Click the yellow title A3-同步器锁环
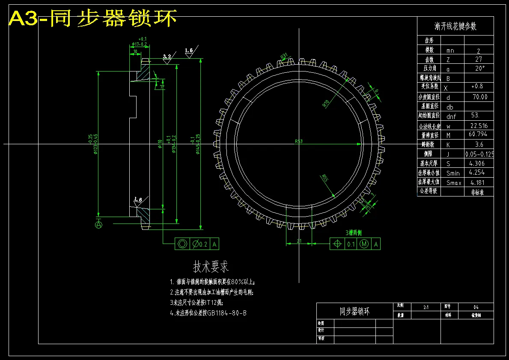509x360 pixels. click(92, 18)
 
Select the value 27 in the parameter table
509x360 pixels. click(478, 60)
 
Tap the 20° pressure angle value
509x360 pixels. click(479, 68)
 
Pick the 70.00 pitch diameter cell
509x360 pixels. click(478, 97)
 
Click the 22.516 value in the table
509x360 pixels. click(478, 126)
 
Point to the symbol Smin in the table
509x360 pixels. click(452, 173)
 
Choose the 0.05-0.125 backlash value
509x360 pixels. click(479, 154)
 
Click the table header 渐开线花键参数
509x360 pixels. click(455, 27)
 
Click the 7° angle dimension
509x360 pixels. click(161, 87)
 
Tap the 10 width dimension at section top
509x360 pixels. click(135, 52)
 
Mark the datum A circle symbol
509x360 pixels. click(98, 224)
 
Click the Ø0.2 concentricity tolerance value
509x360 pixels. click(199, 244)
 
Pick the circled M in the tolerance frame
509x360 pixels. click(364, 244)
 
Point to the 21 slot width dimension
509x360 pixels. click(299, 241)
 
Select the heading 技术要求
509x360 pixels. click(211, 267)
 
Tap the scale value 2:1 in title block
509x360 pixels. click(426, 307)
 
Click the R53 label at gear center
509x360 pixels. click(299, 141)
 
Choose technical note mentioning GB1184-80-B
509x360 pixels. click(208, 313)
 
